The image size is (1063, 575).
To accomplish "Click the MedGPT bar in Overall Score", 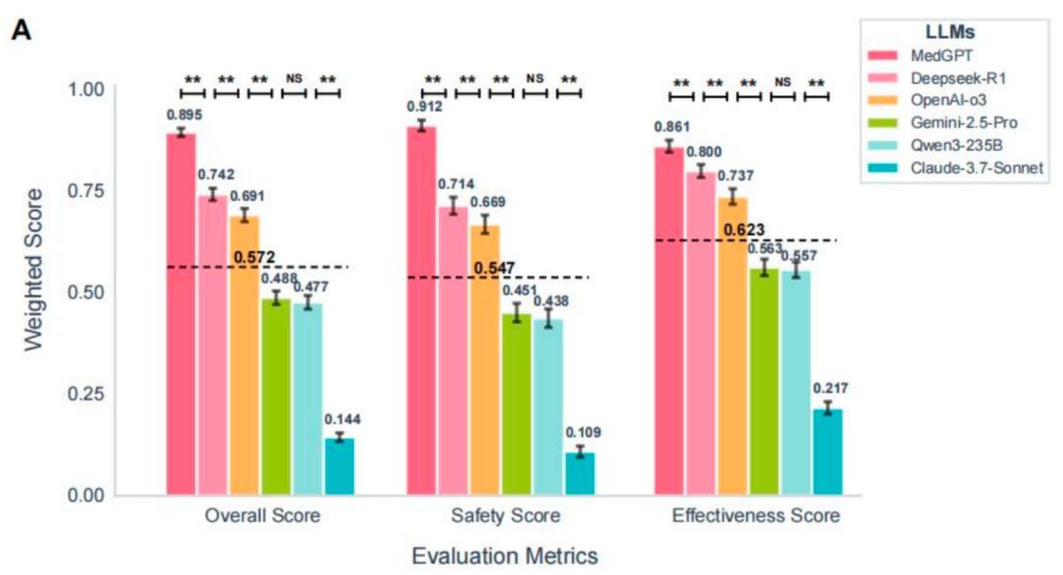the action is point(181,314).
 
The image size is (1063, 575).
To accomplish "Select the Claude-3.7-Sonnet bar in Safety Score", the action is point(581,474).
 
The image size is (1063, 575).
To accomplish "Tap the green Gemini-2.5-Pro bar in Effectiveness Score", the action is point(764,382).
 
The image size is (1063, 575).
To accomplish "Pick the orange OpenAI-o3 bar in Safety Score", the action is point(484,360).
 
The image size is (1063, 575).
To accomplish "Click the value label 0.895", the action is point(184,115).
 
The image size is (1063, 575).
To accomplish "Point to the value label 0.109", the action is point(583,432).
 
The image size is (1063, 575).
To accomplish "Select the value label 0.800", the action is point(704,152).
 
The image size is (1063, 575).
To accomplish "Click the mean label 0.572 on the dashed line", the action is point(254,258).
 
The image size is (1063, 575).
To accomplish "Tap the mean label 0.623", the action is point(744,230).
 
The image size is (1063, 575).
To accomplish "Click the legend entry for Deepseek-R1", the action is point(938,78).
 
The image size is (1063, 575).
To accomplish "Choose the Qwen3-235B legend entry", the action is point(936,145).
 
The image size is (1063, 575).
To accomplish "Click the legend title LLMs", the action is point(950,32).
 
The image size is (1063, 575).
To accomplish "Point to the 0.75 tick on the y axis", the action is point(86,191).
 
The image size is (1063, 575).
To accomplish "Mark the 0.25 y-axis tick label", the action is point(86,394).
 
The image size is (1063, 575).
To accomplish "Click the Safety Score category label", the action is point(506,516).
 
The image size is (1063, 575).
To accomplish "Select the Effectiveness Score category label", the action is point(756,516).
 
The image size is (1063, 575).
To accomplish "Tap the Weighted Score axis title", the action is point(33,270).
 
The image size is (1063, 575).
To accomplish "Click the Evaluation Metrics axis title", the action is point(505,556).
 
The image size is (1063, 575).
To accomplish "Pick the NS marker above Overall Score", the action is point(294,79).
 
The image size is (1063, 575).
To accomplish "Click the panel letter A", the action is point(21,30).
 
